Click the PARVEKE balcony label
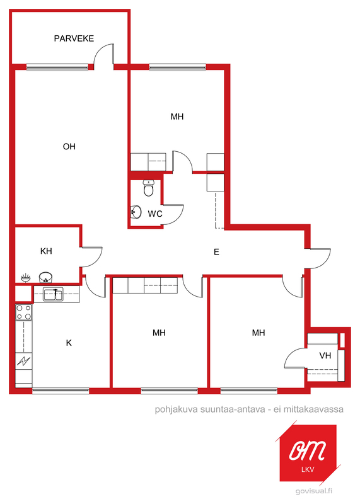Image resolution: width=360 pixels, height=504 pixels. point(74,38)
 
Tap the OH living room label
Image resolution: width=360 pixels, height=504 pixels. point(69,147)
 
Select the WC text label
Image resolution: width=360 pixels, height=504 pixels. point(155,214)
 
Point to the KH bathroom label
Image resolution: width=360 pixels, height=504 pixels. point(46,251)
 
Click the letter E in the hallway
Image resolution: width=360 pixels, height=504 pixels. point(216,252)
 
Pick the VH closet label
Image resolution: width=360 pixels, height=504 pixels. point(325,355)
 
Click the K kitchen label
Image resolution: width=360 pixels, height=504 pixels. point(69,343)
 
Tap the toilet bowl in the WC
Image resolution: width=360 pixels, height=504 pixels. point(148,188)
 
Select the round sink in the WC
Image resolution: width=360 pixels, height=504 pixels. point(136,212)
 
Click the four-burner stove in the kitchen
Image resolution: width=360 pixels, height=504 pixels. point(24,312)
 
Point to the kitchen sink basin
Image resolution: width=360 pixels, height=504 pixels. point(54,295)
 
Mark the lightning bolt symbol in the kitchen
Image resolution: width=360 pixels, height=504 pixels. point(24,361)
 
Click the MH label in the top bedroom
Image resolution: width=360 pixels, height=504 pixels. point(177,117)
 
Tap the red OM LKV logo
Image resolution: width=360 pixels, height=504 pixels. point(308,453)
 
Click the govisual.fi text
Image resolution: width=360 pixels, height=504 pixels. point(314,491)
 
